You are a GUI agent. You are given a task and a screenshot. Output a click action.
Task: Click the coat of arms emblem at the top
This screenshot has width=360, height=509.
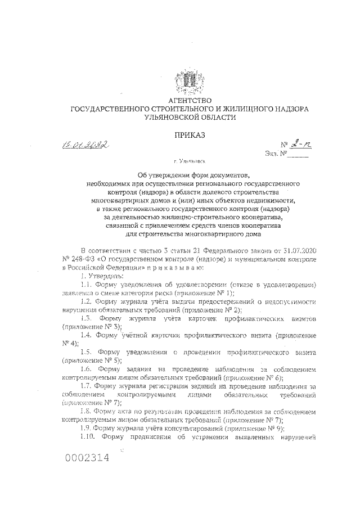click(x=186, y=80)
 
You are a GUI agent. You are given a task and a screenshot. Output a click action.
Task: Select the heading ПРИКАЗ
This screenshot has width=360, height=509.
click(x=186, y=135)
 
